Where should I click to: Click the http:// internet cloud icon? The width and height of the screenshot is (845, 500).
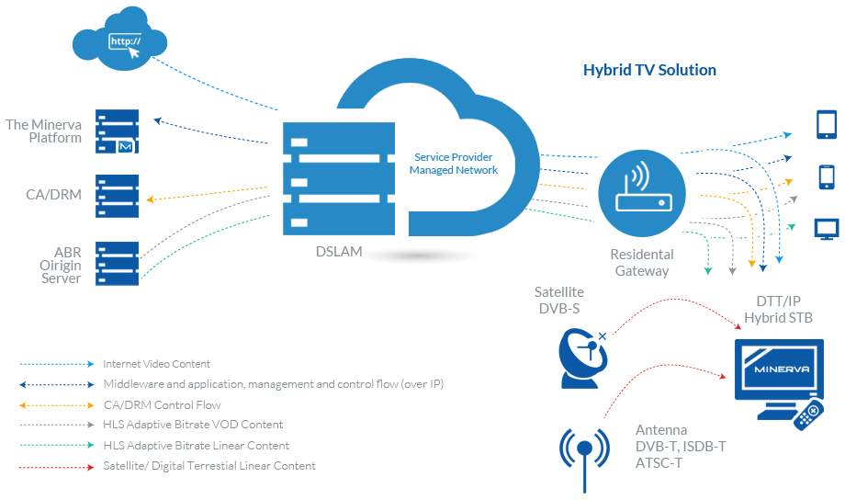point(119,39)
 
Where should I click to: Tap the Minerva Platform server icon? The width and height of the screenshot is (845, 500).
point(117,131)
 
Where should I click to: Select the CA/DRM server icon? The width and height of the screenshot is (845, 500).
point(117,196)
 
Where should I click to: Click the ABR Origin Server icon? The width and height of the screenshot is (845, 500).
point(117,263)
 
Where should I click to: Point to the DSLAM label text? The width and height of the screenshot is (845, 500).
point(339,251)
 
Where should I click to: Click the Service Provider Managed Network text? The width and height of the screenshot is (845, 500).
point(453,164)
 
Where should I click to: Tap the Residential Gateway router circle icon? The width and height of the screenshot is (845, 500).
point(642,193)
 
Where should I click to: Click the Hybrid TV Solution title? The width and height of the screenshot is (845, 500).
point(649,70)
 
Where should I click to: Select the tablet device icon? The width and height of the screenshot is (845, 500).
point(827,125)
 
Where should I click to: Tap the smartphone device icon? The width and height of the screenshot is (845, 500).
point(827,176)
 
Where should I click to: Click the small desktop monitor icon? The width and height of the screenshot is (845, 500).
point(827,229)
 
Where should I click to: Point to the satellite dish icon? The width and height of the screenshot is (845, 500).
point(583,358)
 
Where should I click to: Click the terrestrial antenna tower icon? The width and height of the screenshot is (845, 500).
point(585,460)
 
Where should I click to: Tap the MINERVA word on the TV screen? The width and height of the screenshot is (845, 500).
point(782,369)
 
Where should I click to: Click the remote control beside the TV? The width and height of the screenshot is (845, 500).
point(808,415)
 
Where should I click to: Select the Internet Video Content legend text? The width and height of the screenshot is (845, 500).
point(156,364)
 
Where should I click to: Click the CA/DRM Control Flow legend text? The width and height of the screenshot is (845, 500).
point(162,405)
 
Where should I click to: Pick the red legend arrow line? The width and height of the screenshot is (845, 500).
point(57,467)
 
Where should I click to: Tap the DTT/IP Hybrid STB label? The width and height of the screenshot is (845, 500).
point(778,310)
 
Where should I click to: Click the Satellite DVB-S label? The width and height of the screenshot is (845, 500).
point(558,301)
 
